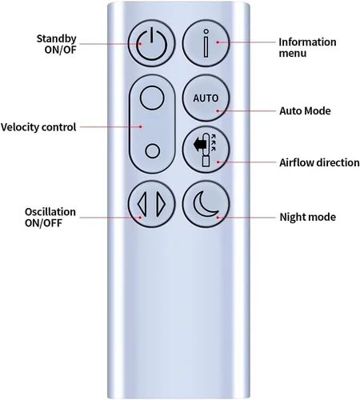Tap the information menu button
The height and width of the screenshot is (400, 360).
point(206,43)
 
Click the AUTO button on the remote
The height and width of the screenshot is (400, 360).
point(206,98)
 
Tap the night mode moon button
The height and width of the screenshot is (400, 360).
point(206,204)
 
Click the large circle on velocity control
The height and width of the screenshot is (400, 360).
point(152,98)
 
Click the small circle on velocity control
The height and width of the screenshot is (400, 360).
point(153,151)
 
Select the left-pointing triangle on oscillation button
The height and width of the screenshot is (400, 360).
point(142,204)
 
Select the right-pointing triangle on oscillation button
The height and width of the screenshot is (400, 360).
point(162,204)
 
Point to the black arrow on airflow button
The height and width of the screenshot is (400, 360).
point(200,146)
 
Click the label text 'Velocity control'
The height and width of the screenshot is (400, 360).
point(38,127)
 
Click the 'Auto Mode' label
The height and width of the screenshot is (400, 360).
point(305,111)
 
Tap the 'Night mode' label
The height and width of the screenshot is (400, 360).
point(308,217)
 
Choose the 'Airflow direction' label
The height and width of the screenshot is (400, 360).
point(319,162)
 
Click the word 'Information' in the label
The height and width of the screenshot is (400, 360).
point(307,42)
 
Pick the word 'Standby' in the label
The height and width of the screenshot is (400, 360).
point(57,39)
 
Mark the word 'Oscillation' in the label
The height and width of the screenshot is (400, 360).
point(50,212)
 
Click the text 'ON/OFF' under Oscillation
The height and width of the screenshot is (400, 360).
point(43,222)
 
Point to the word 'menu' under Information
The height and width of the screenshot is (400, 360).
point(293,54)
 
